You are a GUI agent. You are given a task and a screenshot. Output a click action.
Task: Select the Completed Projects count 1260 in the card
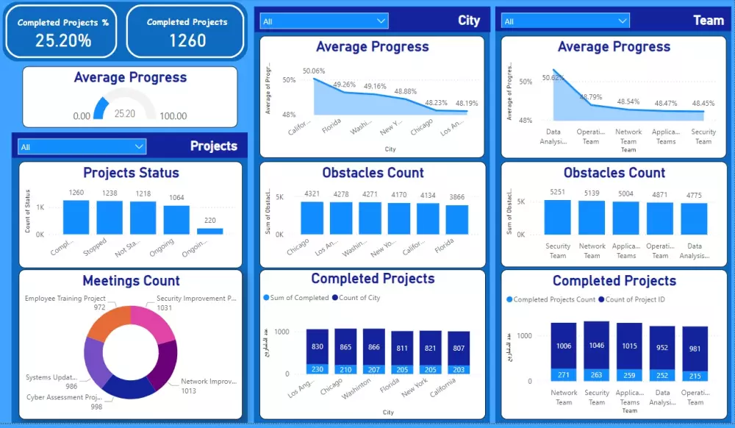[x=187, y=40]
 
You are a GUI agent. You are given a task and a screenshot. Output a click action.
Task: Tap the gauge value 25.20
[x=125, y=114]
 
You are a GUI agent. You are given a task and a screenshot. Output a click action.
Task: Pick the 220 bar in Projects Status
[x=210, y=231]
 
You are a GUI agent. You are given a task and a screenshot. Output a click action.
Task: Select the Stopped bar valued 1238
[x=110, y=218]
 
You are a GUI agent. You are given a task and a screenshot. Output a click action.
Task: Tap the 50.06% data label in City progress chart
[x=314, y=71]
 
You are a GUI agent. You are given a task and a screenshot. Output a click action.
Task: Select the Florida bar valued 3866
[x=457, y=219]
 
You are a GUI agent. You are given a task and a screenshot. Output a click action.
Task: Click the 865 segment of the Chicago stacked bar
[x=345, y=346]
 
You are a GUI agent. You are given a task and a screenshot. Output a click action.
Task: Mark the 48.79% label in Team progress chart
[x=591, y=96]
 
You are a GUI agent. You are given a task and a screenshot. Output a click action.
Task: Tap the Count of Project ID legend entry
[x=634, y=299]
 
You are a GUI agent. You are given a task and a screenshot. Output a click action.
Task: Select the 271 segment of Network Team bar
[x=564, y=375]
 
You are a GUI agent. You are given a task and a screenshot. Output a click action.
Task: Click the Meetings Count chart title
[x=131, y=281]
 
